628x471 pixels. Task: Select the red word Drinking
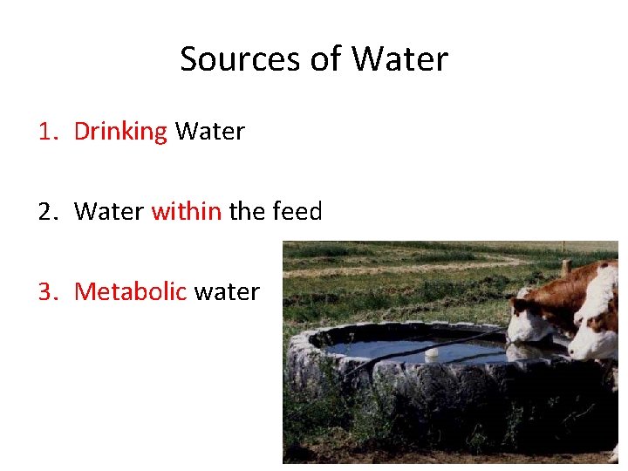pyautogui.click(x=120, y=132)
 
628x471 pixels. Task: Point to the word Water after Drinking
pyautogui.click(x=209, y=132)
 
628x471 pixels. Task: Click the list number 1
pyautogui.click(x=47, y=132)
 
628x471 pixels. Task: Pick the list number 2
pyautogui.click(x=47, y=211)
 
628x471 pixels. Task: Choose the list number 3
pyautogui.click(x=47, y=291)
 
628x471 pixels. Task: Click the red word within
pyautogui.click(x=186, y=211)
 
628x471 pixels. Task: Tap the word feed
pyautogui.click(x=297, y=211)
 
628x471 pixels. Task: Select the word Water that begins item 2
pyautogui.click(x=109, y=211)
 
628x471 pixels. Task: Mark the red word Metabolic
pyautogui.click(x=131, y=291)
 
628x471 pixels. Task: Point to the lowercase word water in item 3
pyautogui.click(x=227, y=291)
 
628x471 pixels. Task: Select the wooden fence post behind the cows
pyautogui.click(x=566, y=267)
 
